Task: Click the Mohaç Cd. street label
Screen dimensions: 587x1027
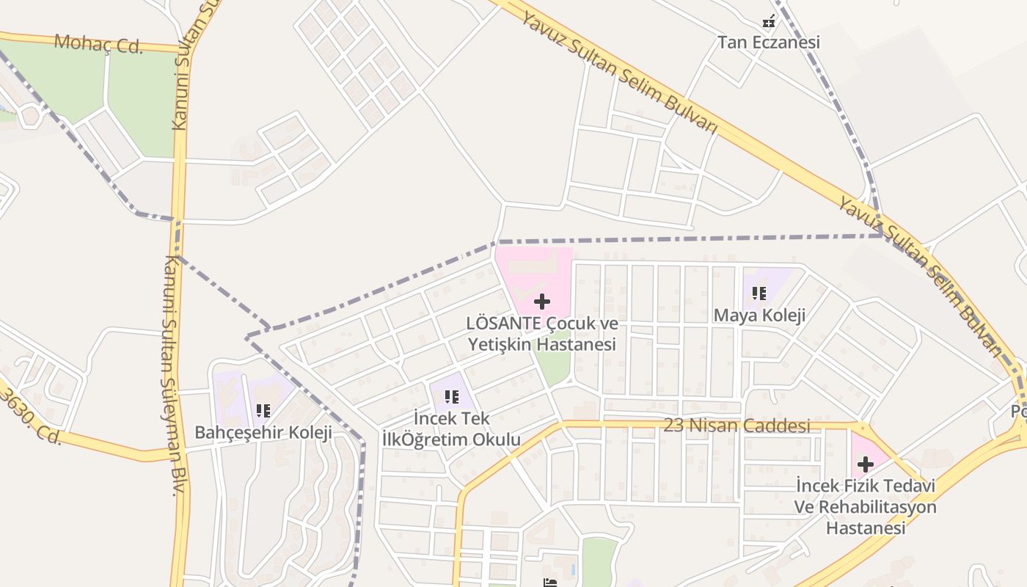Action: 98,43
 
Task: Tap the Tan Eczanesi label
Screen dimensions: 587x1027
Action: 768,43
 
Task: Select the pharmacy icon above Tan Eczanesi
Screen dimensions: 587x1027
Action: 769,22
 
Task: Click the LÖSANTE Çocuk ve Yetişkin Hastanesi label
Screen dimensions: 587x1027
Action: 542,334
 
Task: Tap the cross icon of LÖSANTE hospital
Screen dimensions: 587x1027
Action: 542,302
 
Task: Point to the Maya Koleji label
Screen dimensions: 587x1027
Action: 759,316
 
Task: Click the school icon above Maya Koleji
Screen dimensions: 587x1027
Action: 759,294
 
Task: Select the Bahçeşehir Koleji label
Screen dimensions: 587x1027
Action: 263,432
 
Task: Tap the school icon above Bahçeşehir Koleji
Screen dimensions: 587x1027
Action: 263,411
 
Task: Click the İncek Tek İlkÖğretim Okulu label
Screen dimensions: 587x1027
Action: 451,429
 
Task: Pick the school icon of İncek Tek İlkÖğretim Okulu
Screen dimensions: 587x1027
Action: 452,397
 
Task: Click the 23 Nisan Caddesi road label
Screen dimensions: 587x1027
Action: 737,426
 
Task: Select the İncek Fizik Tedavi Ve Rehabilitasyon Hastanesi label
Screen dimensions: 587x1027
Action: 865,506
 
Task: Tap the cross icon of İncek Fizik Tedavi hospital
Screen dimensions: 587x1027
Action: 866,464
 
